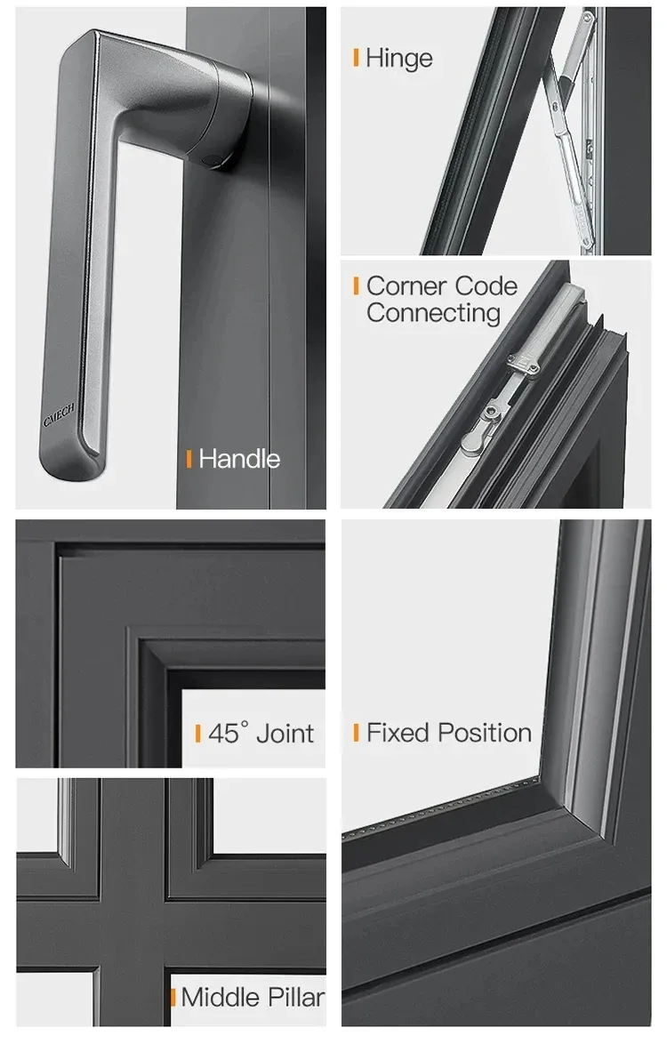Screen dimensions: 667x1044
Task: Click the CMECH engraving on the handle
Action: (59, 414)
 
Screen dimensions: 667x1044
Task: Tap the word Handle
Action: (239, 459)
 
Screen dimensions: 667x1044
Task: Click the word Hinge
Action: (399, 59)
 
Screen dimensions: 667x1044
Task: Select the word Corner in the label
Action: (406, 286)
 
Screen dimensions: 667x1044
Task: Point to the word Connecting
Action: (433, 314)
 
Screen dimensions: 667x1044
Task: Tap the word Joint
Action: (285, 734)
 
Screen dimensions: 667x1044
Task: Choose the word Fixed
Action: (398, 733)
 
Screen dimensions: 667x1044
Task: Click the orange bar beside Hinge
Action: (356, 57)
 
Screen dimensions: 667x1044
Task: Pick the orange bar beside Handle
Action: (189, 458)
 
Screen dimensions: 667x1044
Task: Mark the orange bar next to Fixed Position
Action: (356, 733)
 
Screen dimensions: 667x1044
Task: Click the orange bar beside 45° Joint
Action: (197, 733)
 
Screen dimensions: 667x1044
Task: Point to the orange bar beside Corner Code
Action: (356, 285)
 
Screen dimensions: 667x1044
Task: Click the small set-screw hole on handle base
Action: (212, 160)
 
